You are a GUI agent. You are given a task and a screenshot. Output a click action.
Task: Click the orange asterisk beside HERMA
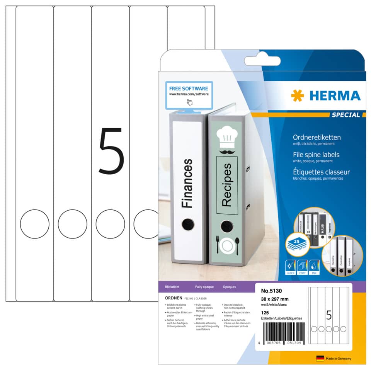tap(298, 95)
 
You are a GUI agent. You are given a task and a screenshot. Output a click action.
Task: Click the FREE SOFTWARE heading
tap(189, 88)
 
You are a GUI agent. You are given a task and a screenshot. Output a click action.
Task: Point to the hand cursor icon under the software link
tap(189, 102)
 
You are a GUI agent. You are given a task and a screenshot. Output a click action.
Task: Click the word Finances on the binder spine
tap(187, 182)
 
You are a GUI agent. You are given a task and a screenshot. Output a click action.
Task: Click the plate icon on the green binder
tap(227, 245)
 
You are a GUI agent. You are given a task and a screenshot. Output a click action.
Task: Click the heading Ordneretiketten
tap(317, 137)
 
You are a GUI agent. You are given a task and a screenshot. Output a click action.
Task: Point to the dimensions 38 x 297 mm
tap(275, 299)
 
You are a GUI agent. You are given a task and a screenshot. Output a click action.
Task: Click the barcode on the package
tap(279, 330)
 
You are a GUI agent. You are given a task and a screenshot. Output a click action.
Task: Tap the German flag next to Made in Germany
tap(320, 358)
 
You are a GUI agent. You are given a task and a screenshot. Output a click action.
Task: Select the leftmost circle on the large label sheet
tap(35, 224)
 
